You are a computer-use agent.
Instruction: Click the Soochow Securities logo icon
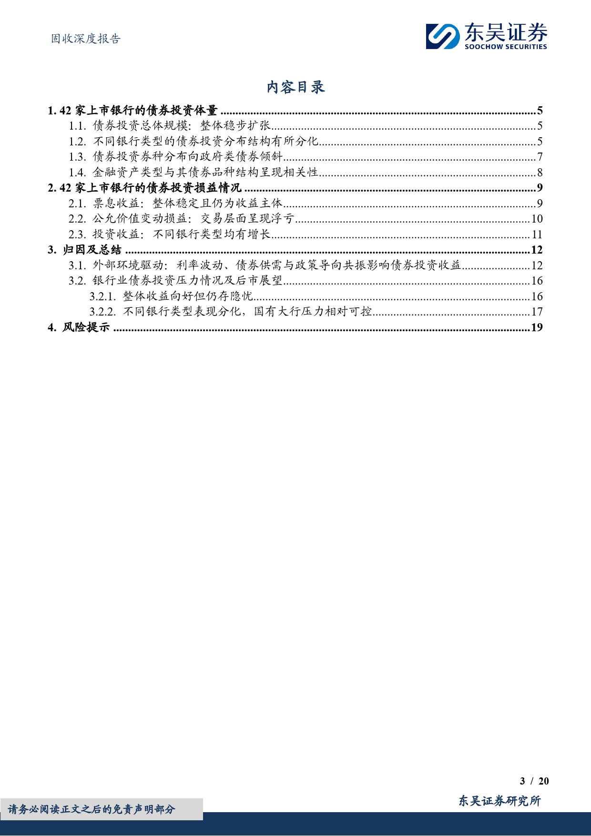(443, 36)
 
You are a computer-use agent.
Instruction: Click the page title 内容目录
(295, 87)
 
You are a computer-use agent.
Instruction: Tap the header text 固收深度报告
(86, 39)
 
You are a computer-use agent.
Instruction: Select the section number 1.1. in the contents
(77, 126)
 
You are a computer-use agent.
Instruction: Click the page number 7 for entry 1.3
(540, 157)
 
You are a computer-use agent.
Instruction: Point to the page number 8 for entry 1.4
(540, 173)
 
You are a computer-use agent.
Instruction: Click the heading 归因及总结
(92, 250)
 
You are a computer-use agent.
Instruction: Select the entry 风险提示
(86, 327)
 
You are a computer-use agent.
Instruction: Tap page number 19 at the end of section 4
(537, 327)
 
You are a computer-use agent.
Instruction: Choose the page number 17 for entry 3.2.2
(537, 312)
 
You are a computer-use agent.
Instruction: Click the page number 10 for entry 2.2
(537, 219)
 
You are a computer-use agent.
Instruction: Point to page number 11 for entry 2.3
(537, 234)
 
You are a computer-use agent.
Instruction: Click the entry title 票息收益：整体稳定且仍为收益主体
(188, 204)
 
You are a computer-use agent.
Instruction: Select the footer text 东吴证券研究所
(499, 801)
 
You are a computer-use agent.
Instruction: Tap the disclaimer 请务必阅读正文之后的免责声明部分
(92, 809)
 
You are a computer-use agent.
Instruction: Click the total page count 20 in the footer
(543, 781)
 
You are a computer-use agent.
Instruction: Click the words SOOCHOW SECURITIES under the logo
(506, 47)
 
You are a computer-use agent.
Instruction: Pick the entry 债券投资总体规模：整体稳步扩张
(182, 126)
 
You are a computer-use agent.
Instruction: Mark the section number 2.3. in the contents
(77, 234)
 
